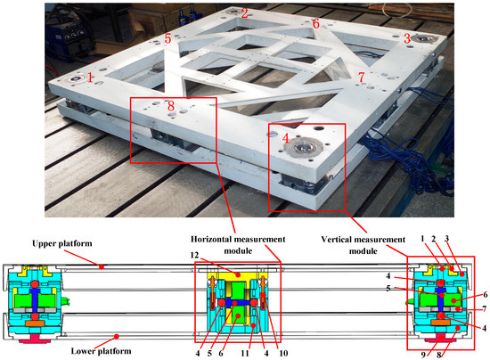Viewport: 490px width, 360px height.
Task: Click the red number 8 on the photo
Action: click(171, 106)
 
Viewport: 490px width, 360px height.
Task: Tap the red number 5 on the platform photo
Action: click(167, 38)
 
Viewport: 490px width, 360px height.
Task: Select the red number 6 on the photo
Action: click(316, 23)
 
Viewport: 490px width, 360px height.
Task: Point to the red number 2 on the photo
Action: click(244, 12)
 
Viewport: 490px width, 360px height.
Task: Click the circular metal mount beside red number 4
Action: click(305, 147)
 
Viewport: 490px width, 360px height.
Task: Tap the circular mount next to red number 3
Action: click(423, 39)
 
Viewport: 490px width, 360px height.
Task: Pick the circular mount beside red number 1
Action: click(76, 79)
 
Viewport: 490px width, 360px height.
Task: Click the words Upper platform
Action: click(62, 243)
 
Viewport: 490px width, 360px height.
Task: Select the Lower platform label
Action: click(101, 351)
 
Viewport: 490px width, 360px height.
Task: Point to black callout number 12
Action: click(194, 256)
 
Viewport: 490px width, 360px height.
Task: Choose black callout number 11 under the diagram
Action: click(245, 354)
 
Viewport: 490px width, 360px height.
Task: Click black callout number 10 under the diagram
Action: click(283, 354)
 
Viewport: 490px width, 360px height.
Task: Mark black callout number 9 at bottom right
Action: click(423, 355)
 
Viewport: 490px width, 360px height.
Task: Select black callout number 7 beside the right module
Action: click(484, 308)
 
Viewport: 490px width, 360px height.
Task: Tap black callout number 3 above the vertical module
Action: click(447, 239)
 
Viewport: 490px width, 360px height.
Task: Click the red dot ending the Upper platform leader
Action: click(102, 267)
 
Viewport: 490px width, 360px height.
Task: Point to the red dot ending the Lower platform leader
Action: click(117, 337)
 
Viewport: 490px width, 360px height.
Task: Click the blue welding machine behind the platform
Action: click(72, 38)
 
